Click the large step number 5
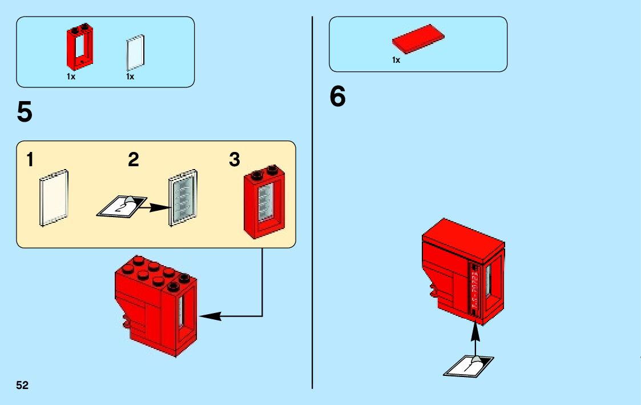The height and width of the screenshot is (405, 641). point(25,113)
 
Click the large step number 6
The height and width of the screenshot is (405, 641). point(337,98)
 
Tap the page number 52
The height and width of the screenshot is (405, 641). point(22,385)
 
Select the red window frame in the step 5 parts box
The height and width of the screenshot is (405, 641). point(80,47)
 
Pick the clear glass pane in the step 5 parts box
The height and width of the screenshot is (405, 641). point(135,52)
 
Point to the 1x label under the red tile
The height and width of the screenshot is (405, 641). point(396,60)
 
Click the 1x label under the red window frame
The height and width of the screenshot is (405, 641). point(71,77)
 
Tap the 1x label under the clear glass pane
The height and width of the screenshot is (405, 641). point(130,77)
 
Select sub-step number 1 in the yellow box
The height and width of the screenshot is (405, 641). point(29,161)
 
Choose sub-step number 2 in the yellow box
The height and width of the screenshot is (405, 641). point(134,161)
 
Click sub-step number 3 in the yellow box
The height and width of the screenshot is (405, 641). point(234,161)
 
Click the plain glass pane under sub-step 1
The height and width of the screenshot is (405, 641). point(55,198)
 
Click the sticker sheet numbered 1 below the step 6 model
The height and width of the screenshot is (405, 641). point(468,366)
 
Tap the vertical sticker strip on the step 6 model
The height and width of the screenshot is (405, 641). point(473,288)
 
